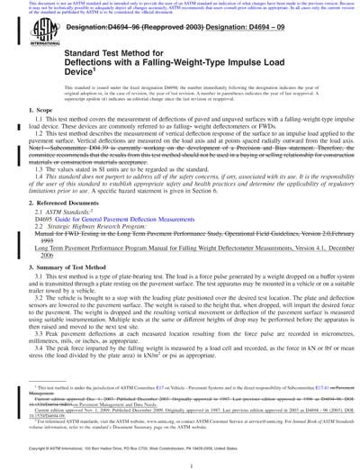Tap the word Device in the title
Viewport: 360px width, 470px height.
(79, 98)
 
